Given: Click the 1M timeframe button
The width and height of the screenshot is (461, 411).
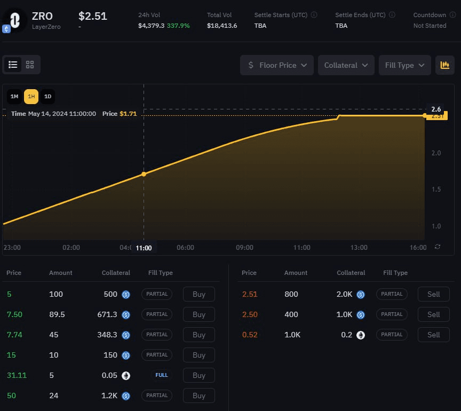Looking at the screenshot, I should point(14,97).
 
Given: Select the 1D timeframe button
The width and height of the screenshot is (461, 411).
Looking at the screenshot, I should point(47,97).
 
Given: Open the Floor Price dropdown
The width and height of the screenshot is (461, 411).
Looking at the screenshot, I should point(277,65).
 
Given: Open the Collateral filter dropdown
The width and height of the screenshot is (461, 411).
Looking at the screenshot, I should point(346,65).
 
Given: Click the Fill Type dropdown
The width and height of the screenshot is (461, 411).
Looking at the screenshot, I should point(404,65).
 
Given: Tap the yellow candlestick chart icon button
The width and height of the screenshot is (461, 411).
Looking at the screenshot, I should point(444,65).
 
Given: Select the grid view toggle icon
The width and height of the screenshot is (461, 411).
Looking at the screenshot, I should point(30,65).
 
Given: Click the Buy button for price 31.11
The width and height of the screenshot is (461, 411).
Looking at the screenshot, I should point(198,375).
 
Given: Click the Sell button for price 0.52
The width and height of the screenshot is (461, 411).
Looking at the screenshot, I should point(433,335).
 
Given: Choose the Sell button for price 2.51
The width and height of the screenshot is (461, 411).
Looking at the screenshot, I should point(433,294).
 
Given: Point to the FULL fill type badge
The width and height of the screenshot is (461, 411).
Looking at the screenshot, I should point(162,375).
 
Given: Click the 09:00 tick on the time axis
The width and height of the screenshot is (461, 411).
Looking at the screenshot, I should point(244,248).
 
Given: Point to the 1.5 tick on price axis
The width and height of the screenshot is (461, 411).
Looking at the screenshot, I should point(436,189).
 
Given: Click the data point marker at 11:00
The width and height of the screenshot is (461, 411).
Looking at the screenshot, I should point(144,174).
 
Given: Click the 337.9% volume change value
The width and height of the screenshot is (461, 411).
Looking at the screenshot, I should point(178,26).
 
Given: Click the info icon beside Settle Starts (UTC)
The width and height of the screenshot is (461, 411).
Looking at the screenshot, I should point(314,15).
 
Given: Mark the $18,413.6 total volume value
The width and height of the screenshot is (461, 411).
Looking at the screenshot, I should point(222,26).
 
